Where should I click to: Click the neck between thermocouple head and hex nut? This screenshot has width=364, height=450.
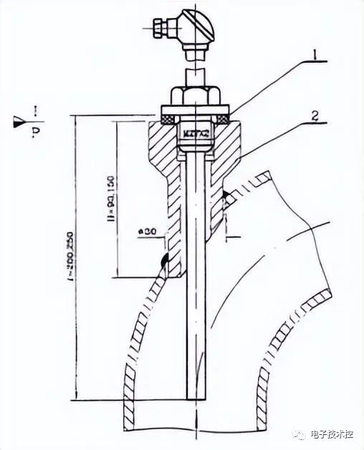point(194,75)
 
